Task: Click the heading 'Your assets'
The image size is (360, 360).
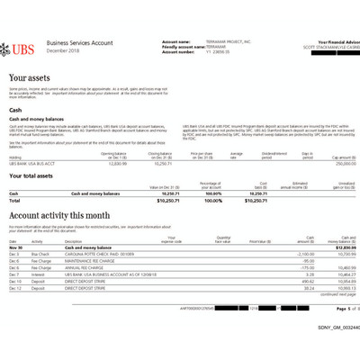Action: [30, 79]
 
